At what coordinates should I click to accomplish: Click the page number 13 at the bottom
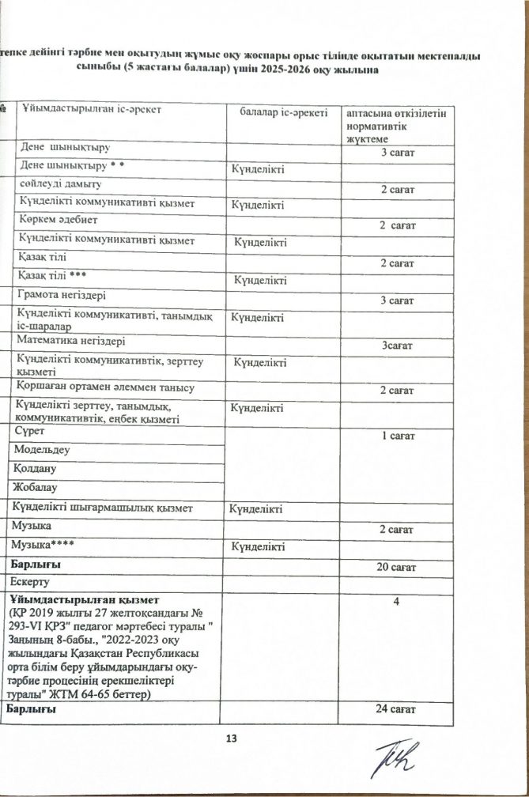pyautogui.click(x=231, y=738)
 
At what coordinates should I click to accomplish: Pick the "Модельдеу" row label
pyautogui.click(x=43, y=449)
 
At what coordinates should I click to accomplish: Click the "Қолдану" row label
pyautogui.click(x=38, y=468)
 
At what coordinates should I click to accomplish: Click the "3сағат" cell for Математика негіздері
pyautogui.click(x=397, y=346)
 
